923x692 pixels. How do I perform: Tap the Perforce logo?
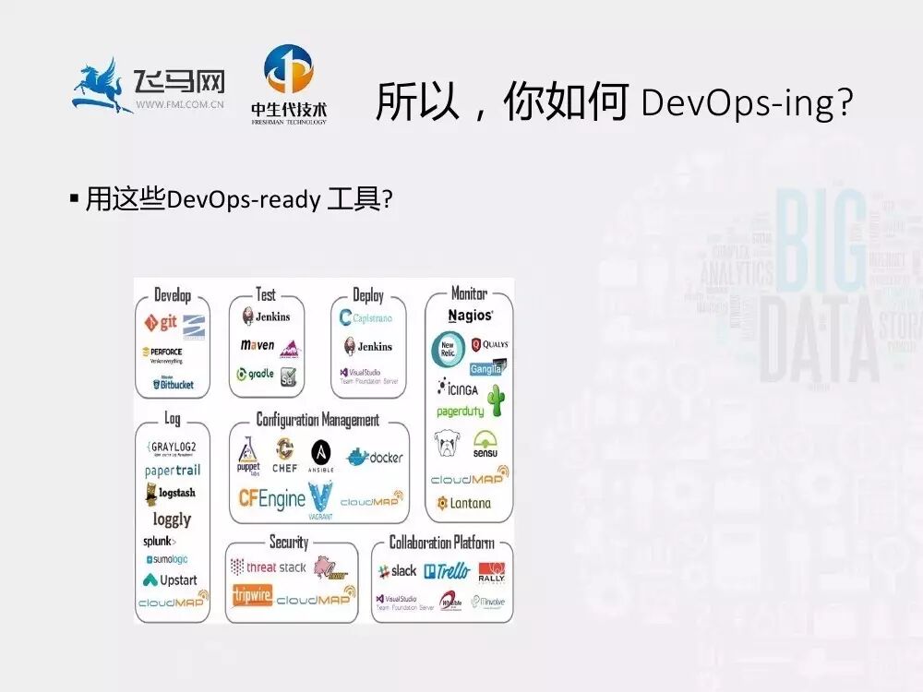[x=162, y=352]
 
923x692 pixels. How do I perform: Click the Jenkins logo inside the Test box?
[x=266, y=316]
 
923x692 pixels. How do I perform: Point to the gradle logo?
[x=255, y=374]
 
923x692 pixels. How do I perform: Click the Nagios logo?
[x=470, y=316]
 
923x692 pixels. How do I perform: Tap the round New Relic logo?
[x=449, y=349]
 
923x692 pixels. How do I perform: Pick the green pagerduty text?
[x=460, y=411]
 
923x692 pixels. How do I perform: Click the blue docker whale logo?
[x=374, y=457]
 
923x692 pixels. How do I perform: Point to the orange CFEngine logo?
[x=271, y=498]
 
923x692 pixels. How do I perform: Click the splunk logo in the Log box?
[x=159, y=541]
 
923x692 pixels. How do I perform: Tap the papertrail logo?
[x=172, y=471]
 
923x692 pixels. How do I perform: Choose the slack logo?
[x=398, y=571]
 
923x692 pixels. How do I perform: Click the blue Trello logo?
[x=447, y=571]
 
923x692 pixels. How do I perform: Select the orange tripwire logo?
[x=251, y=595]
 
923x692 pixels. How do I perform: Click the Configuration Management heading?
[x=318, y=421]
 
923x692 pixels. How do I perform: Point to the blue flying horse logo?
[x=104, y=85]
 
